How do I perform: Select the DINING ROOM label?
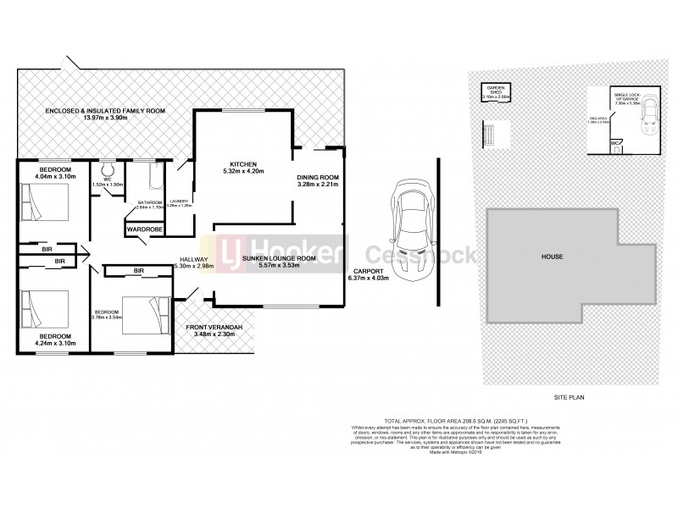pos(318,176)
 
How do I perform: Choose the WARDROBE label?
pos(144,229)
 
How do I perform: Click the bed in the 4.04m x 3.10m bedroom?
pos(42,203)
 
